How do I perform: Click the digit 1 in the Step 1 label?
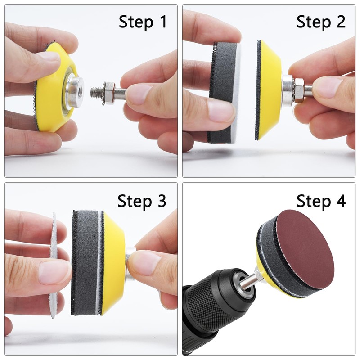pyautogui.click(x=163, y=22)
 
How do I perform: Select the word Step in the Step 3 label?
pyautogui.click(x=135, y=201)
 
